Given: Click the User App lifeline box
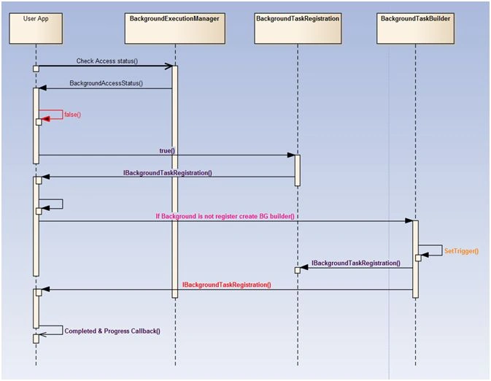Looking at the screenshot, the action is tap(36, 28).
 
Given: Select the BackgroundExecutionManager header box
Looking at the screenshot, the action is tap(174, 28).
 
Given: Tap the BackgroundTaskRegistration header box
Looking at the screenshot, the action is tap(298, 28).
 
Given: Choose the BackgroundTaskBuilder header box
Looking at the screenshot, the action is tap(415, 28).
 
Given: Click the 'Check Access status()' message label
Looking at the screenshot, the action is tap(107, 61).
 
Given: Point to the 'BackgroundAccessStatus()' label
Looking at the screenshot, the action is tap(107, 83).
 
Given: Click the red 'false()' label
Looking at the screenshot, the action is tap(73, 115).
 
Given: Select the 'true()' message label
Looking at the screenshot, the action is tap(167, 150).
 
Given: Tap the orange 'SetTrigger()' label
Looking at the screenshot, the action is tap(462, 251).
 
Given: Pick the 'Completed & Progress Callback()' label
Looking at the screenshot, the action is tap(112, 331).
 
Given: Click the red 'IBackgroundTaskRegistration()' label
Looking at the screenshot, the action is tap(227, 285).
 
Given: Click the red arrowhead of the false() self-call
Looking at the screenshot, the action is tap(46, 119).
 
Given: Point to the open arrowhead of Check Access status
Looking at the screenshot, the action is tap(169, 66).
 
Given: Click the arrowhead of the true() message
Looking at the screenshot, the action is tap(291, 155).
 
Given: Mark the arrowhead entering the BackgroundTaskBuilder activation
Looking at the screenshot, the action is tap(409, 221).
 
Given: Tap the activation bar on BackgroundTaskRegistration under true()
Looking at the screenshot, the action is tap(298, 171).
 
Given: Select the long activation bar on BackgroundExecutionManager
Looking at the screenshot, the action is tap(174, 182).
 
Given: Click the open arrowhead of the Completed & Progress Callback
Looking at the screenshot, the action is tap(43, 334).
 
